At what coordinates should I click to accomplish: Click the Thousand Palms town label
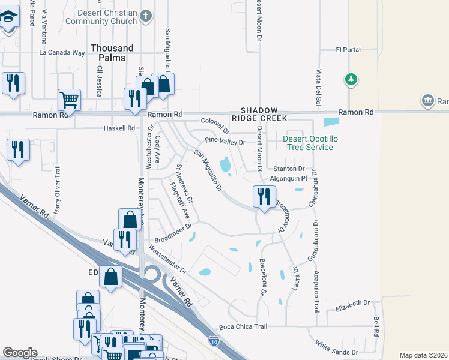112,53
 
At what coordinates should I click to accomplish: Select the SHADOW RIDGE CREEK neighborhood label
260,115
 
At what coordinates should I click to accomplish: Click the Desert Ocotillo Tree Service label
307,143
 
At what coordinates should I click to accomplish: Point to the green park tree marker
351,79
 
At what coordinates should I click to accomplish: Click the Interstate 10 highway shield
215,341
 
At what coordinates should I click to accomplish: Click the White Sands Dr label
336,347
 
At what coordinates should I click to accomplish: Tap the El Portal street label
348,50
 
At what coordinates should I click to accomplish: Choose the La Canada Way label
62,52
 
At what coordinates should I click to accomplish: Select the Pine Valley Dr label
225,142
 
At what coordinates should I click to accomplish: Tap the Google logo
20,353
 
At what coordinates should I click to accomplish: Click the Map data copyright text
423,355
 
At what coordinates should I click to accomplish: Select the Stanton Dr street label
289,169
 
